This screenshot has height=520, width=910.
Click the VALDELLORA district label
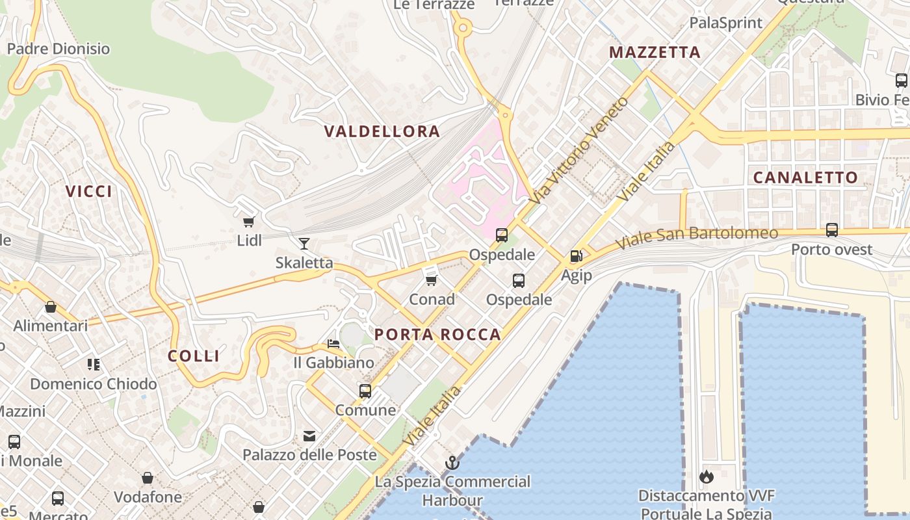tap(382, 131)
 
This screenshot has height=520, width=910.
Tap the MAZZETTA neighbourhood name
tap(655, 53)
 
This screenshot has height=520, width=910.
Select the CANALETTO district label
tap(805, 177)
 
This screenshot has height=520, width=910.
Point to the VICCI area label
tap(89, 191)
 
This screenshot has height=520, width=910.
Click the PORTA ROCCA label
tap(438, 335)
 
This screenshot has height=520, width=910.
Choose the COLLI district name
tap(194, 356)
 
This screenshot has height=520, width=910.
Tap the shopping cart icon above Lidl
tap(248, 222)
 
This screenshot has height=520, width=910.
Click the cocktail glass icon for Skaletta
tap(304, 244)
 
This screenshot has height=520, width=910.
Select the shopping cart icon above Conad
tap(431, 280)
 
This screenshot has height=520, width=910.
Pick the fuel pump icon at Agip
tap(576, 256)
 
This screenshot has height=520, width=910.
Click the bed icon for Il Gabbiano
tap(333, 343)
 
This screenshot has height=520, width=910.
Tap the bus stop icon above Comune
tap(365, 391)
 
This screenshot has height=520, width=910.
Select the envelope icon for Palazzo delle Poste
tap(309, 436)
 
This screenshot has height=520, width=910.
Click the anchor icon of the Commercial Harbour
tap(451, 463)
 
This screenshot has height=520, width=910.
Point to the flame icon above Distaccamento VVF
tap(706, 477)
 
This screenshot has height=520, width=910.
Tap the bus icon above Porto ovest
tap(832, 229)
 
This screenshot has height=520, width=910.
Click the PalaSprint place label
tap(725, 23)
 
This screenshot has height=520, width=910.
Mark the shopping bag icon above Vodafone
tap(148, 478)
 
